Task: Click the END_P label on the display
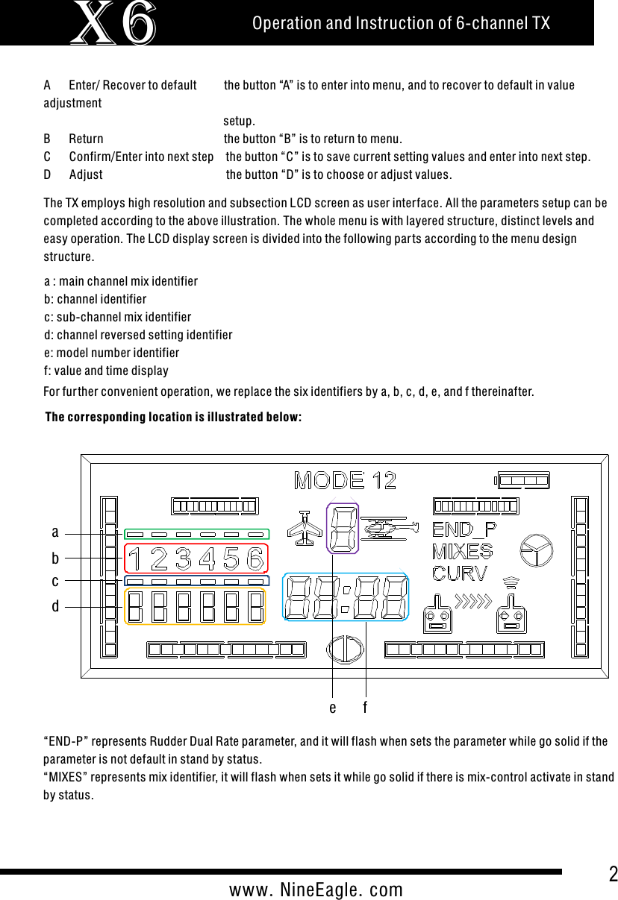tap(464, 531)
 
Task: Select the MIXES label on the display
tap(462, 552)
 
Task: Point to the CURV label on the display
tap(460, 573)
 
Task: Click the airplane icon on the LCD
tap(305, 529)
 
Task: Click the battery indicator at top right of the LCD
tap(522, 480)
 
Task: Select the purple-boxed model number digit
tap(343, 529)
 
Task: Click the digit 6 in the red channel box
tap(255, 558)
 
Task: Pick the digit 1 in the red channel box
tap(135, 558)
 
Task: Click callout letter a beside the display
tap(55, 532)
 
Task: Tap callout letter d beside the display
tap(55, 606)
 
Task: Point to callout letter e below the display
tap(333, 707)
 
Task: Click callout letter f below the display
tap(366, 706)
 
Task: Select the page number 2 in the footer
tap(613, 875)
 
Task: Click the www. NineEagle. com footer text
tap(316, 890)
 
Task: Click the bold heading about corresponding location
tap(174, 416)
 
